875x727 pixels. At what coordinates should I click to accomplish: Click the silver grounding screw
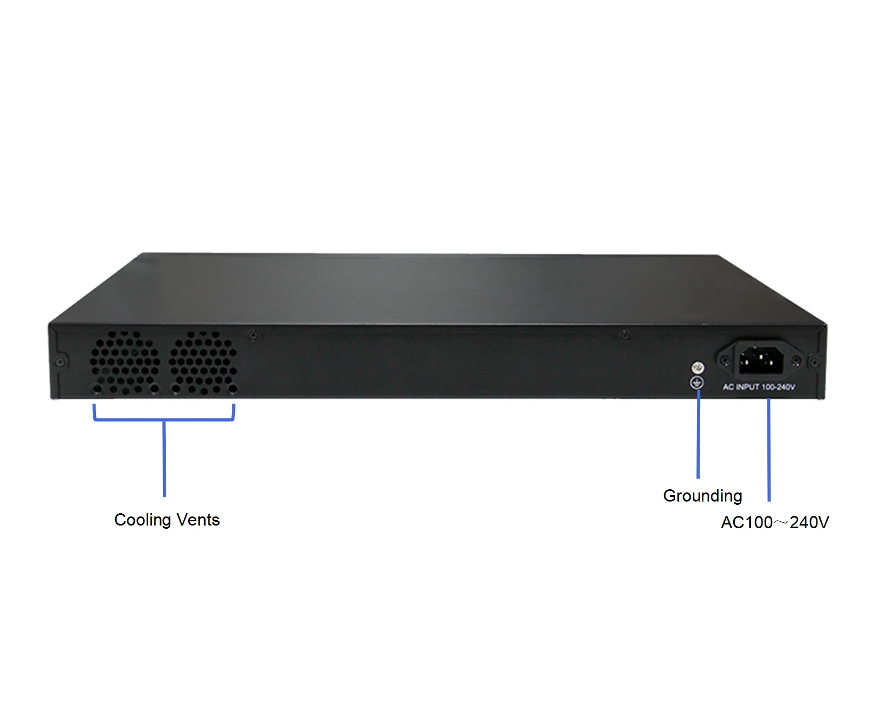(698, 367)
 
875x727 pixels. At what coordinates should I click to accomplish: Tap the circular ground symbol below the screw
(698, 382)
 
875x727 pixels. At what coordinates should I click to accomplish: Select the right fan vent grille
(204, 362)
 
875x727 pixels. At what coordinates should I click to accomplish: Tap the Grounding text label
(702, 496)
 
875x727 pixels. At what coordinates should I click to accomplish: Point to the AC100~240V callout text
(774, 522)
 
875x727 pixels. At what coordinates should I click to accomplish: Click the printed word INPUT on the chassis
(748, 387)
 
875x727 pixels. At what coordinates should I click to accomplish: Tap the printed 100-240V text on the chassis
(779, 387)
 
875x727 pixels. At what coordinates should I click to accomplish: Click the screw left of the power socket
(725, 361)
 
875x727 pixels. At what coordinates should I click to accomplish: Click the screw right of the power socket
(796, 361)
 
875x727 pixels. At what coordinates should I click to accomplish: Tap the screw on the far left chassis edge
(60, 362)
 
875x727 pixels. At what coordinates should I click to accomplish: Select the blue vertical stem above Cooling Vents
(164, 458)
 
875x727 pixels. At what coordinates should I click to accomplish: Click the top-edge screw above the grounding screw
(626, 335)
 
